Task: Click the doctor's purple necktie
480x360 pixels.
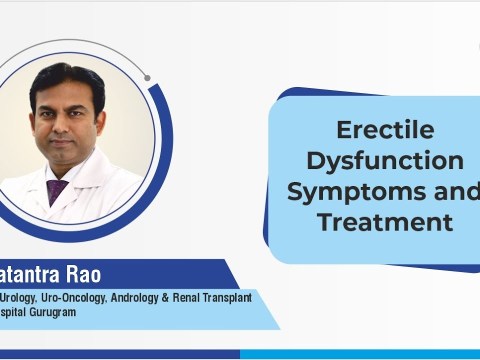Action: click(57, 189)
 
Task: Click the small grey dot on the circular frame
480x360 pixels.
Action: click(147, 77)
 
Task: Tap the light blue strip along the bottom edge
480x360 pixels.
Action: click(360, 354)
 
